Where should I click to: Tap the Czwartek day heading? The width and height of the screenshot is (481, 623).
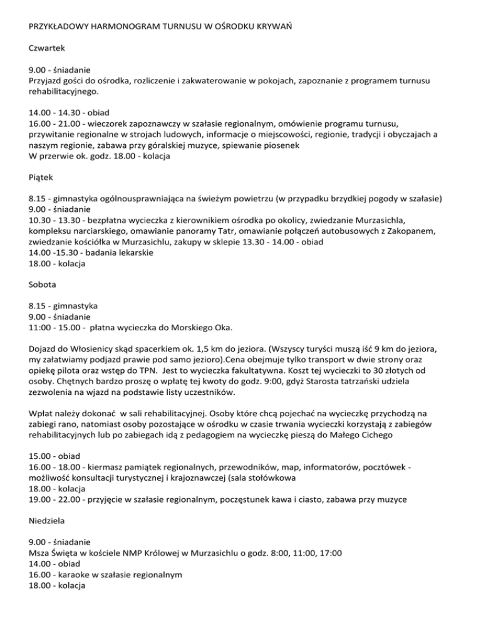pyautogui.click(x=48, y=48)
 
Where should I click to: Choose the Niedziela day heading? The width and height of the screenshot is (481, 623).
pyautogui.click(x=49, y=519)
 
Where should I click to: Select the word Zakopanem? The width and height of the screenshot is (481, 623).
pyautogui.click(x=418, y=231)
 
